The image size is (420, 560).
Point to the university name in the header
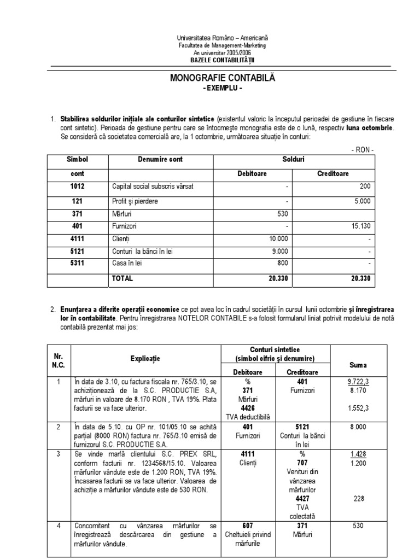pyautogui.click(x=222, y=38)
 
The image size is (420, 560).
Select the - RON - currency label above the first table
pyautogui.click(x=362, y=149)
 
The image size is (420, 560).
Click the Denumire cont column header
pyautogui.click(x=160, y=160)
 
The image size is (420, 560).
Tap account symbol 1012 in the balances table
pyautogui.click(x=77, y=186)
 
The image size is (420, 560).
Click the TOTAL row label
pyautogui.click(x=122, y=278)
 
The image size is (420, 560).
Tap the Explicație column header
pyautogui.click(x=145, y=359)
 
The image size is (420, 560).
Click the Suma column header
pyautogui.click(x=358, y=365)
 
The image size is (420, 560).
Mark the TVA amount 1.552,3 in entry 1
pyautogui.click(x=358, y=409)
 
